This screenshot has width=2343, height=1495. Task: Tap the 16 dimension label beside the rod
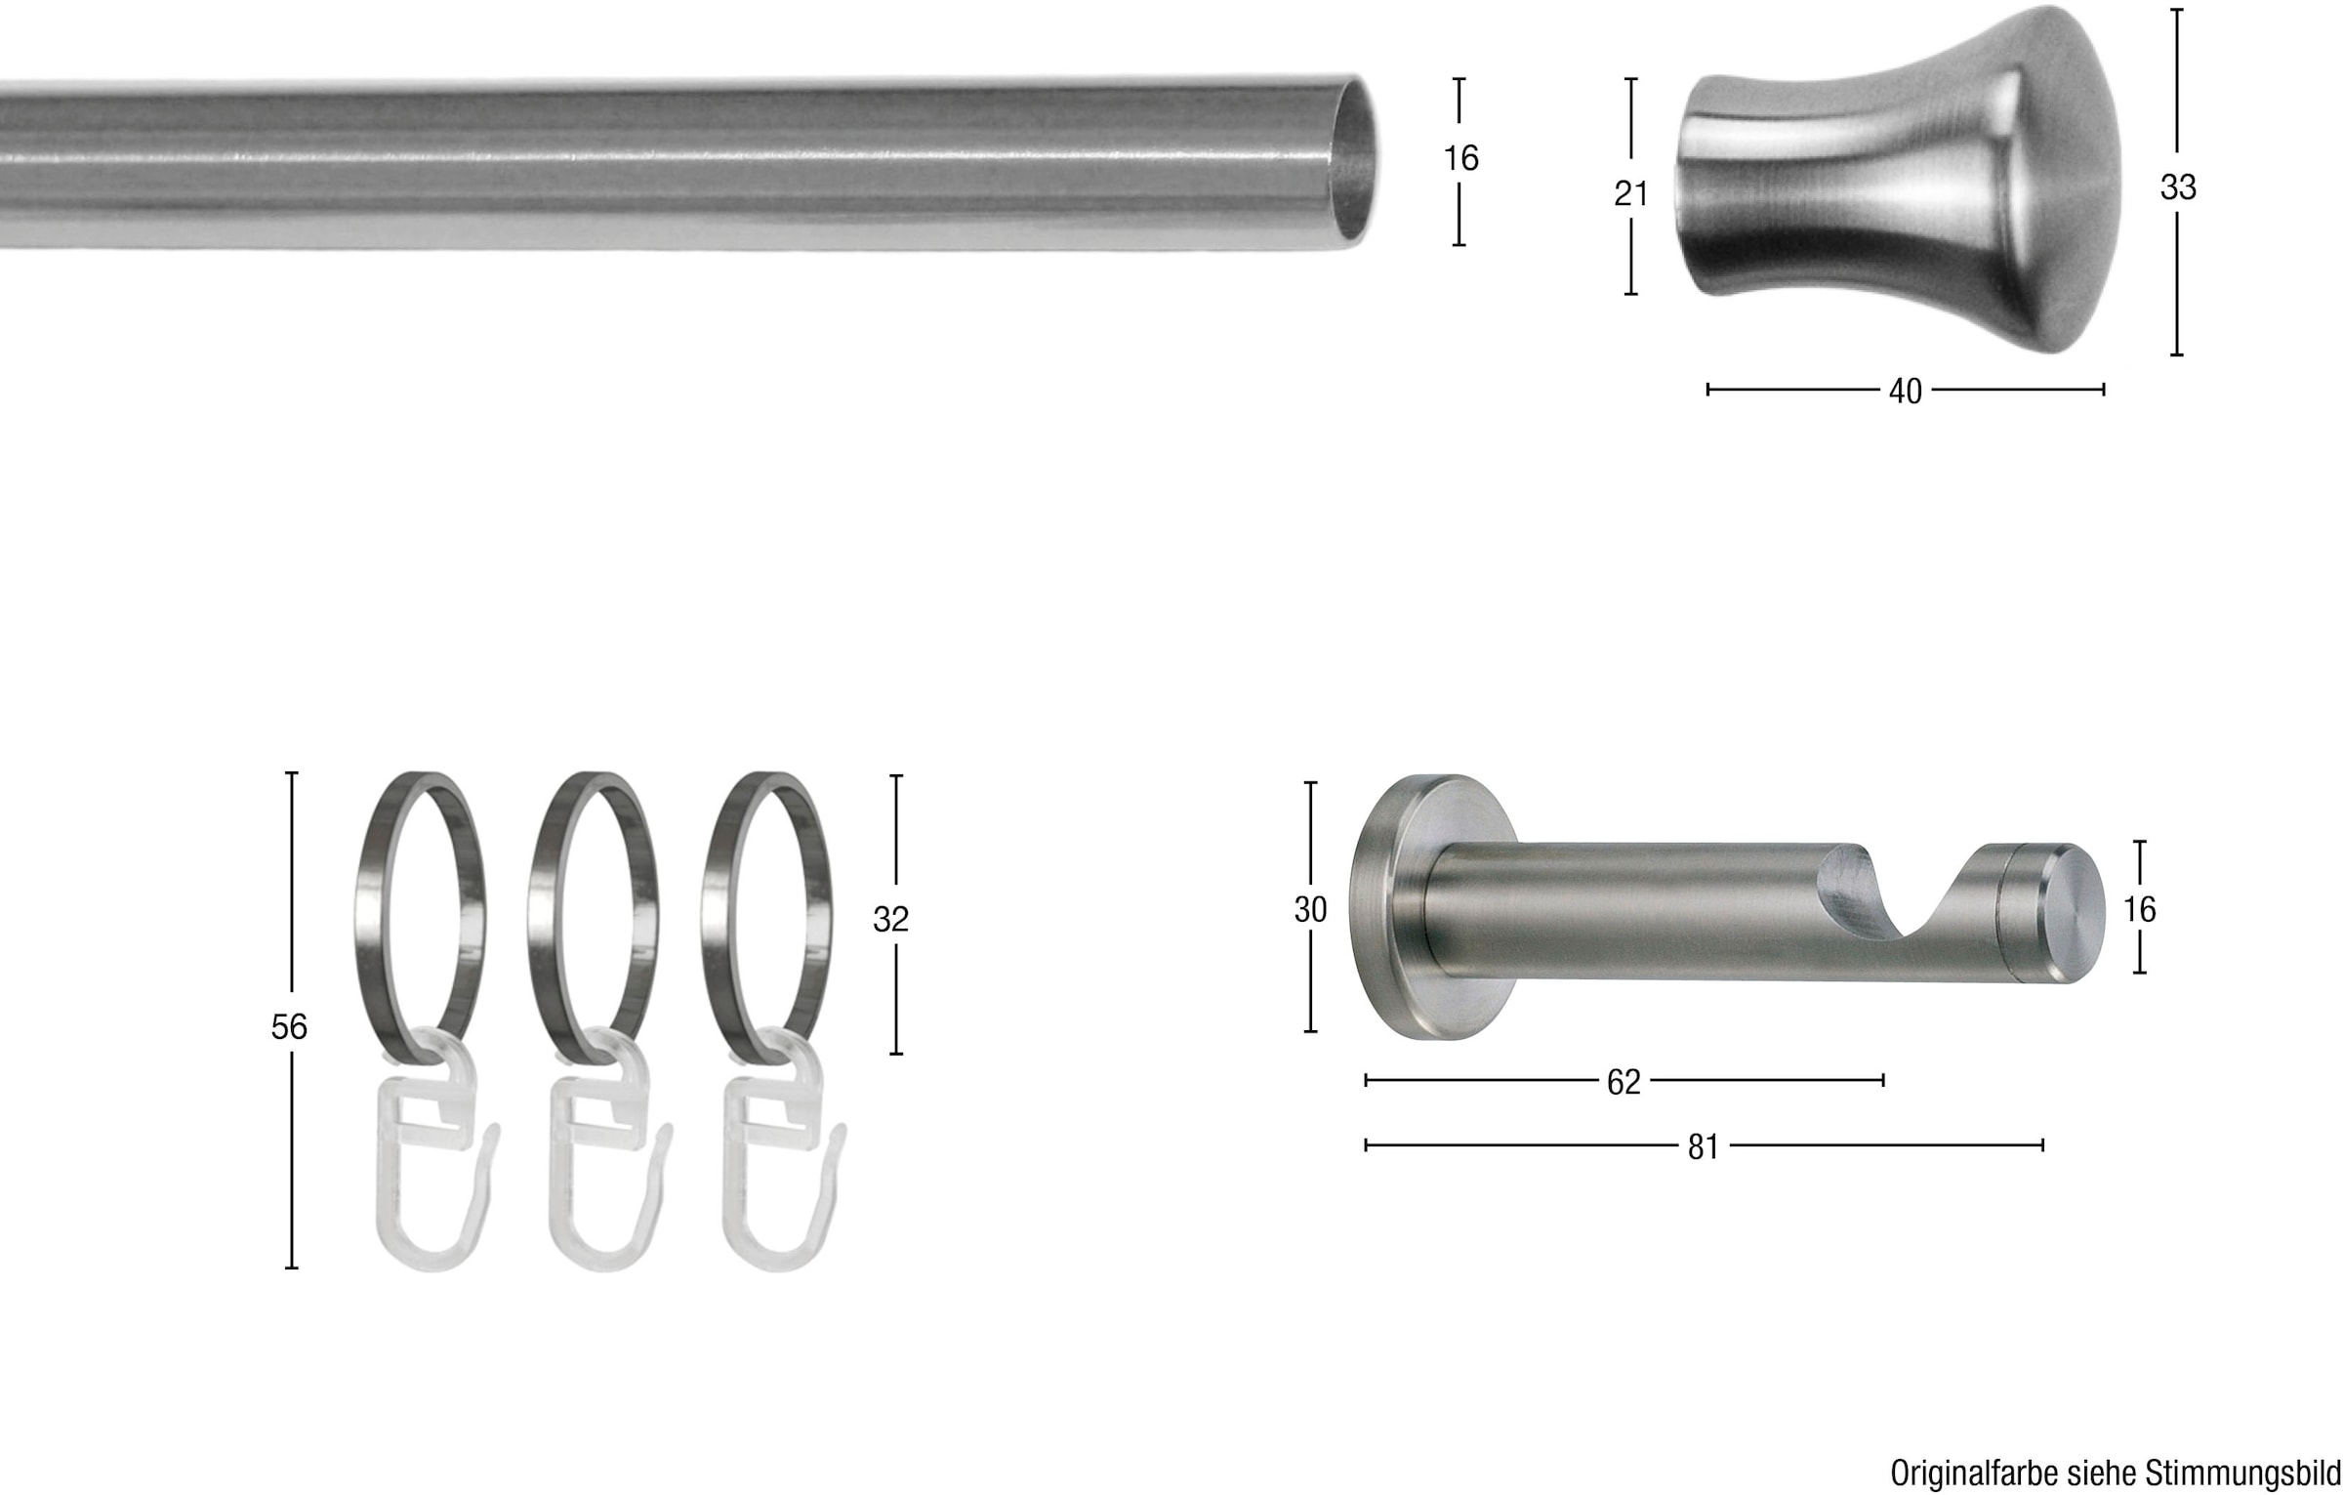[1460, 158]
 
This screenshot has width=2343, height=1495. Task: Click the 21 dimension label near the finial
[1630, 194]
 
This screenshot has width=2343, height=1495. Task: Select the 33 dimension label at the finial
[2178, 187]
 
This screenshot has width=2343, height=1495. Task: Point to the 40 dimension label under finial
[1905, 392]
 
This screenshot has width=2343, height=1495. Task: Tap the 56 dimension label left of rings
[289, 1026]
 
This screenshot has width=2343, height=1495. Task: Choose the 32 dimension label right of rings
[890, 919]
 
